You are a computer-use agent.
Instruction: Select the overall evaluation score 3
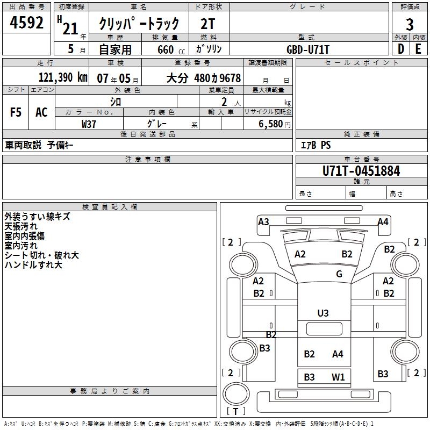tap(410, 24)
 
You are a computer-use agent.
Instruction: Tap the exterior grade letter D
tap(400, 48)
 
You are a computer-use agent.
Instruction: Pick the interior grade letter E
tap(418, 48)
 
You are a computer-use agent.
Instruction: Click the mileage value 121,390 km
tap(63, 77)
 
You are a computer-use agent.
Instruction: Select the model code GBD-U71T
tap(308, 49)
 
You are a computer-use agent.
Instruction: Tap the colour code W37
tap(89, 124)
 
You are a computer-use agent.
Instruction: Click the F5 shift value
tap(16, 112)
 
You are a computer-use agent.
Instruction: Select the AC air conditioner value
tap(41, 112)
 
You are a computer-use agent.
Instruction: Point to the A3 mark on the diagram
tap(263, 221)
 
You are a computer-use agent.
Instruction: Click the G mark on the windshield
tap(339, 274)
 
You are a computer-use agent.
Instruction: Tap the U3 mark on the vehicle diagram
tap(323, 313)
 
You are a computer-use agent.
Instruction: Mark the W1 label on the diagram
tap(338, 377)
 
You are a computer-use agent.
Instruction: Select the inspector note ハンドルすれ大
tap(33, 265)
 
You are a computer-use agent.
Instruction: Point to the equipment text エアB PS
tap(316, 145)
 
